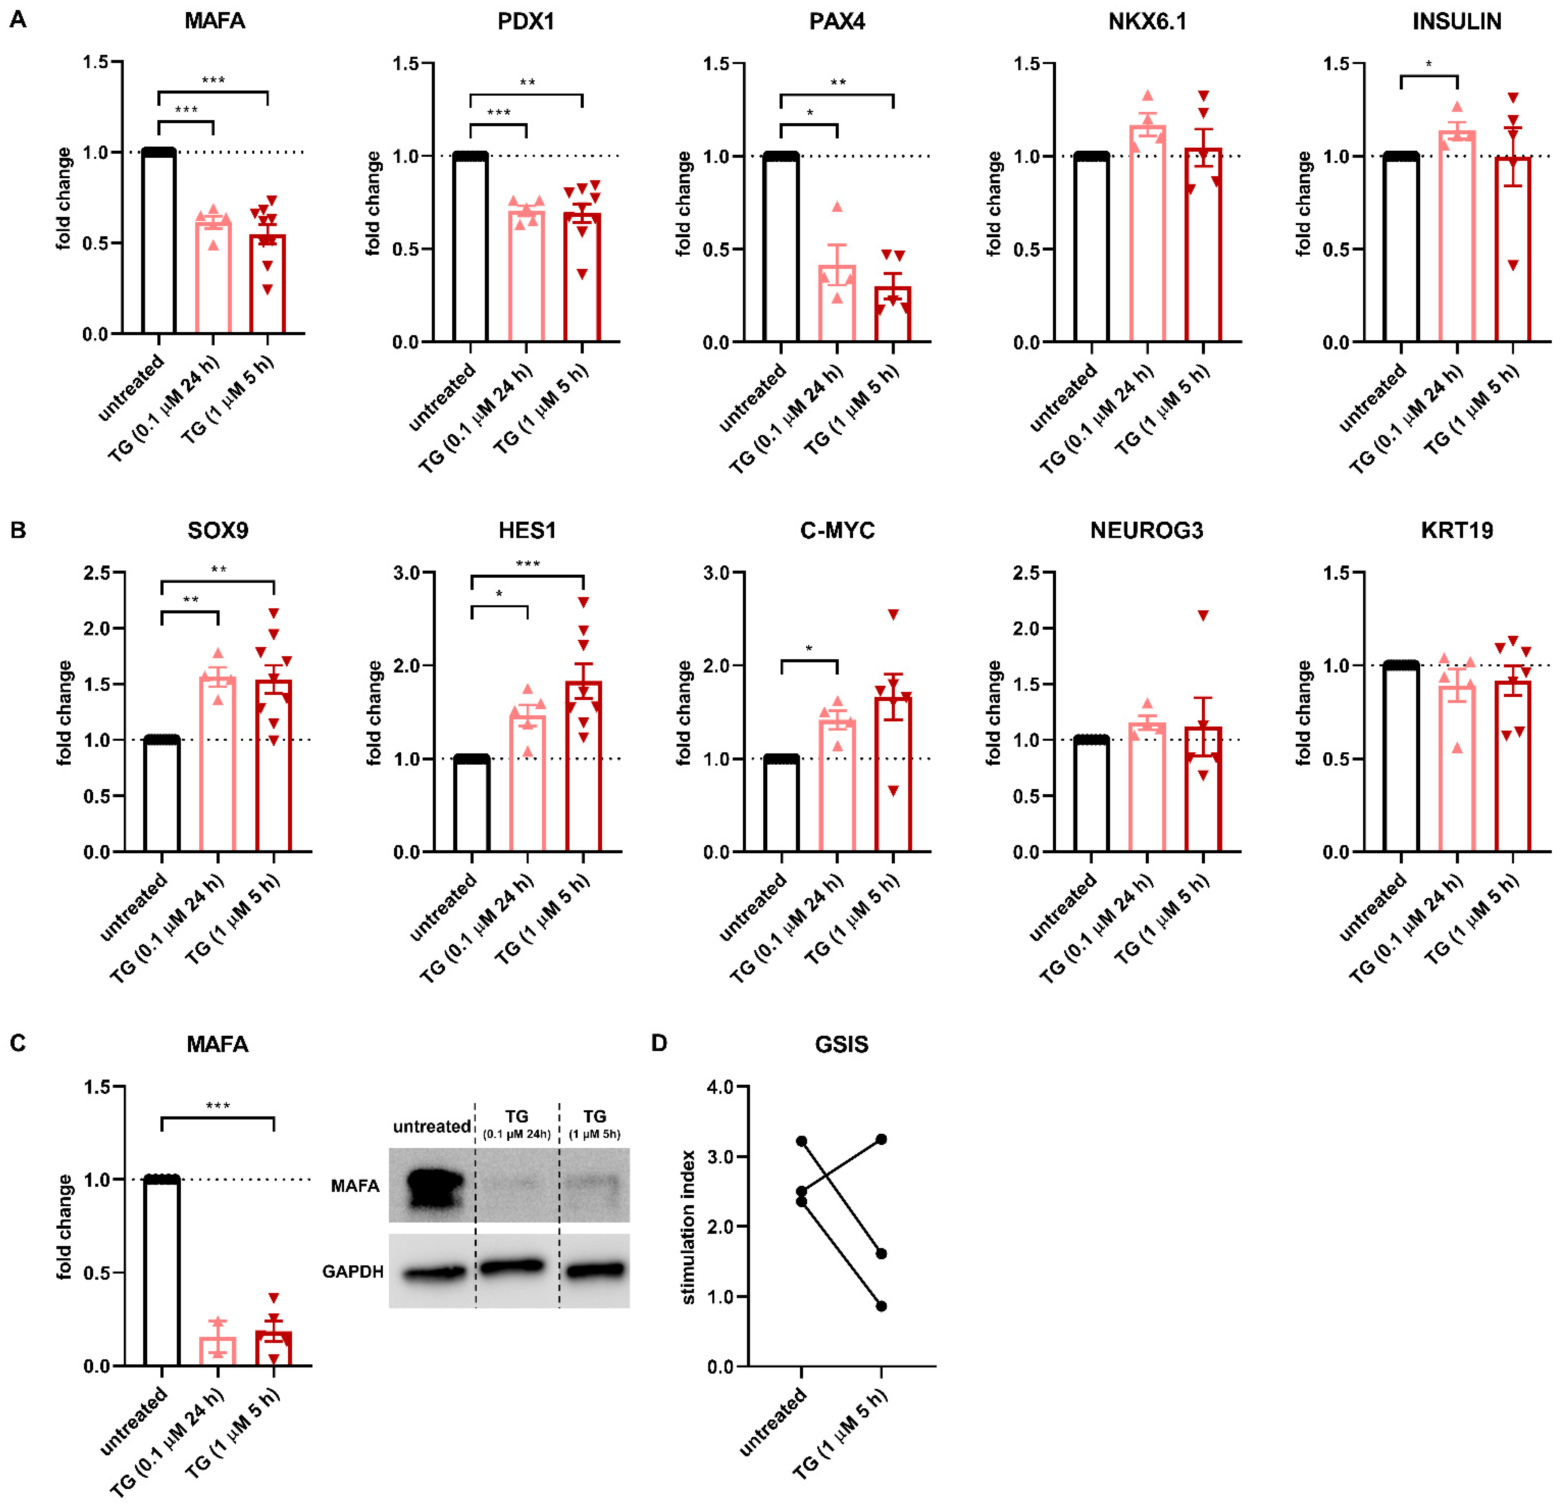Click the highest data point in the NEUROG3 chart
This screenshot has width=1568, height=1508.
pyautogui.click(x=1203, y=615)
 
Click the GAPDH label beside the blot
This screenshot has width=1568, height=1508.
pyautogui.click(x=353, y=1271)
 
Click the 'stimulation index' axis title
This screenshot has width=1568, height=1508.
pyautogui.click(x=688, y=1228)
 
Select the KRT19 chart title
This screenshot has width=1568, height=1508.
pyautogui.click(x=1457, y=531)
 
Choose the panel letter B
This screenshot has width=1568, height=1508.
pyautogui.click(x=18, y=531)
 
